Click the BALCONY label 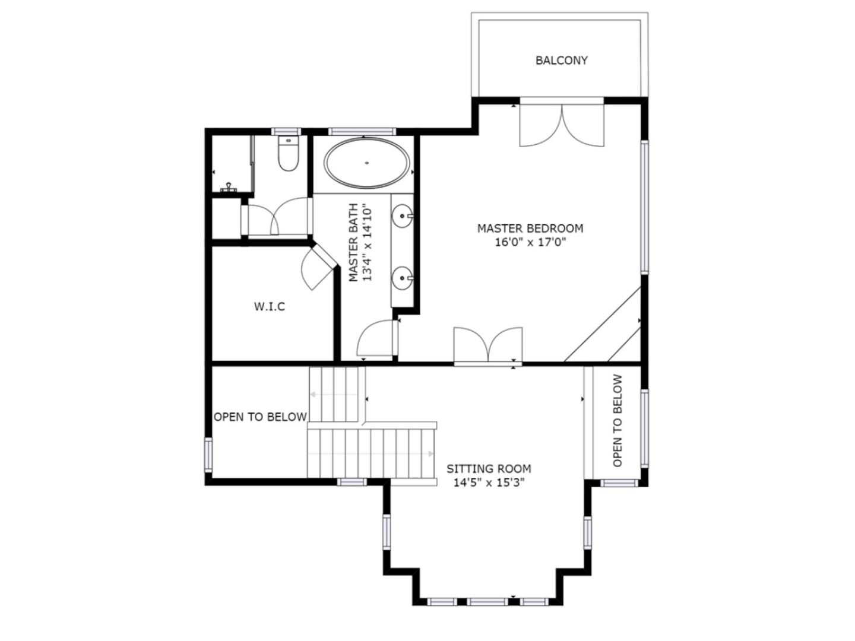point(561,61)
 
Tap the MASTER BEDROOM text point(530,228)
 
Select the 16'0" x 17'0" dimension point(530,243)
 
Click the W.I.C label point(269,307)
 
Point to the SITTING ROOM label point(489,469)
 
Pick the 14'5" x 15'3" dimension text point(489,483)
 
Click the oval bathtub point(366,163)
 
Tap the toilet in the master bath point(288,153)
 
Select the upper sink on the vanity point(402,215)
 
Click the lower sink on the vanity point(402,278)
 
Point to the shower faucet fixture point(229,188)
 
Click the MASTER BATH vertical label point(353,242)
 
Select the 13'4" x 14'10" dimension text point(368,242)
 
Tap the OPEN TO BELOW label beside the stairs point(260,417)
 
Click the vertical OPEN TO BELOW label point(617,420)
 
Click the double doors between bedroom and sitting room point(487,345)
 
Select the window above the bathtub point(362,132)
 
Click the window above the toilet point(286,132)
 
